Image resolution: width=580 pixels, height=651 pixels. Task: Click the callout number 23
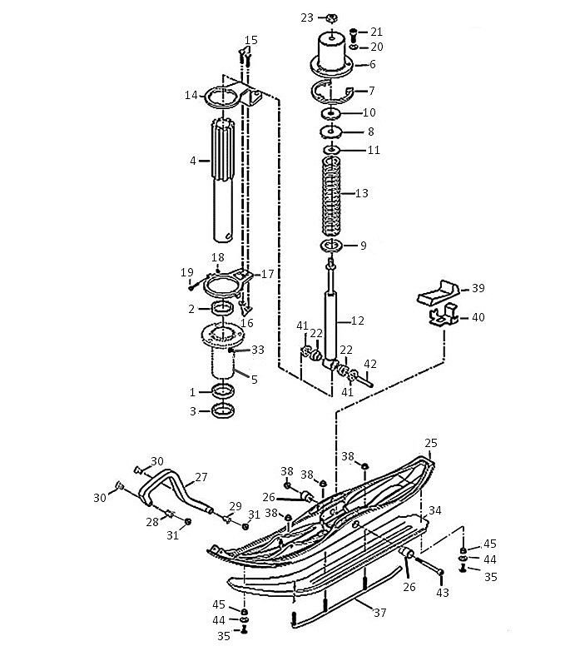[x=307, y=17]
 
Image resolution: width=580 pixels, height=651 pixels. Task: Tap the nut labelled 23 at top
[x=331, y=17]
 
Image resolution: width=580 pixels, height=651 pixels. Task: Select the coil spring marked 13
[x=331, y=195]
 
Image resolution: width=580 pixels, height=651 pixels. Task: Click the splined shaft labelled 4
[x=223, y=180]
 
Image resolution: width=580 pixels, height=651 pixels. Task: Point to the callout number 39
[x=478, y=288]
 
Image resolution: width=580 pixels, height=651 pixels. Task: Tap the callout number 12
[x=357, y=321]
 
